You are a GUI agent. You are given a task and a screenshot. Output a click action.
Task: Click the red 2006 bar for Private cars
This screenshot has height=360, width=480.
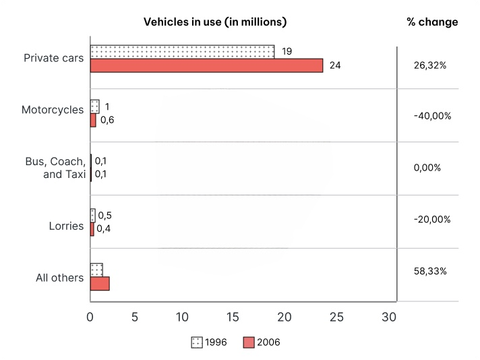tap(207, 65)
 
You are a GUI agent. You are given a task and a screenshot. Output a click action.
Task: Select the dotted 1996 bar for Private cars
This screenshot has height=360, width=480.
tap(182, 52)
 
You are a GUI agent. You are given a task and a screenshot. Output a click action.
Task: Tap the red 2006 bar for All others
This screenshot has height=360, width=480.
tap(100, 283)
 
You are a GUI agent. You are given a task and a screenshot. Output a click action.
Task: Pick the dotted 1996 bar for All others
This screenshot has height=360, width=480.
tap(96, 270)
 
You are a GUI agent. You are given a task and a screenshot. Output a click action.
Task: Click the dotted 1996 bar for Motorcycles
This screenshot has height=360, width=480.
tap(94, 107)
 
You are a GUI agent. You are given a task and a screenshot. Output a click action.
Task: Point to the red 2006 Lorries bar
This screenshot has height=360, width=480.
tap(92, 229)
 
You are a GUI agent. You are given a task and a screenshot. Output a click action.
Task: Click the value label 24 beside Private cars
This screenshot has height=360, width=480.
tap(335, 65)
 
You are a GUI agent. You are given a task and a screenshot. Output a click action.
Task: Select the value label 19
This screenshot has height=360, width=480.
tap(287, 51)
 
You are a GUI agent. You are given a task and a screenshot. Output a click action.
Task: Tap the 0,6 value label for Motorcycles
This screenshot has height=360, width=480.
tap(107, 120)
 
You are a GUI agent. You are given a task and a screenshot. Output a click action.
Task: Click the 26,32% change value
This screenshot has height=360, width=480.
tap(430, 65)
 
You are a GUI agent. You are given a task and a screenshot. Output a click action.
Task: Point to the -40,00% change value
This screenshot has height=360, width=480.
tap(432, 116)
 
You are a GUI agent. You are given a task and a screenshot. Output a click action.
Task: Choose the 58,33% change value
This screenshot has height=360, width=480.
tap(430, 271)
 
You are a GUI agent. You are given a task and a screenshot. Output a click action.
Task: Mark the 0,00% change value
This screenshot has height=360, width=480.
tap(427, 168)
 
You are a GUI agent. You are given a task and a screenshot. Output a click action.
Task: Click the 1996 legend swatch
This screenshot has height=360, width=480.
tap(197, 342)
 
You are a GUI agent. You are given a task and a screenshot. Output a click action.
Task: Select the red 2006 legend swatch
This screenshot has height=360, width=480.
tap(249, 342)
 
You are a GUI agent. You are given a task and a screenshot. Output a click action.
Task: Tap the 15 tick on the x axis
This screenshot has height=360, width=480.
tap(233, 317)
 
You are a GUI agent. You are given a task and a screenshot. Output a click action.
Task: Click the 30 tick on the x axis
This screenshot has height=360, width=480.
tap(389, 317)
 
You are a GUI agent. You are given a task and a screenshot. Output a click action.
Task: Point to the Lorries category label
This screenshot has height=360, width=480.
tap(66, 227)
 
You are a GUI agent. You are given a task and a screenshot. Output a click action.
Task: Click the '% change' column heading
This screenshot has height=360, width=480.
tap(432, 22)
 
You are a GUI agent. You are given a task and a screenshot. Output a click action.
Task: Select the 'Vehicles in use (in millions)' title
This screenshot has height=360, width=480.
tap(215, 22)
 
